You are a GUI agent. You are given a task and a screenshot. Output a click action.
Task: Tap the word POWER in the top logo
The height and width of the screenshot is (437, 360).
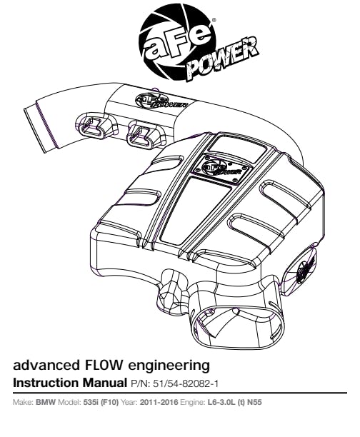(221, 61)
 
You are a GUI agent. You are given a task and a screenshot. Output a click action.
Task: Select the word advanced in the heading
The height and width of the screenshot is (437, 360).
(46, 365)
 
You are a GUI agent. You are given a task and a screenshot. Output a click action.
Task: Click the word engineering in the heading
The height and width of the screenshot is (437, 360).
(169, 366)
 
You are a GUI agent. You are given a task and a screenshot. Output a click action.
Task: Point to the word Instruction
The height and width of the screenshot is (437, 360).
(46, 383)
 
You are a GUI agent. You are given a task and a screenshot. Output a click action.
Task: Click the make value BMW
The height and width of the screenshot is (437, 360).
(46, 402)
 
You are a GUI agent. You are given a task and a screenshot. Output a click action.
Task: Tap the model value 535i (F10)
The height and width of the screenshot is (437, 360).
(101, 403)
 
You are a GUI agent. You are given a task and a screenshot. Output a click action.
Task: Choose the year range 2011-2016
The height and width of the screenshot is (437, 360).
(159, 402)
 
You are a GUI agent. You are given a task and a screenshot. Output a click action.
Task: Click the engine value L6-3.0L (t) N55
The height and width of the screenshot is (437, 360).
(234, 403)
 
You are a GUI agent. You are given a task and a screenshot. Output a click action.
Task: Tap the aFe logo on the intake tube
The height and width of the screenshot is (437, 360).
(161, 101)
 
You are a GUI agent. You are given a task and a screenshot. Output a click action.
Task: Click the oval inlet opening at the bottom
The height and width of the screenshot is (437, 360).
(239, 328)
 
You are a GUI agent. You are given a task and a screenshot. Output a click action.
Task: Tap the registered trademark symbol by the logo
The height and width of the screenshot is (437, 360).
(214, 20)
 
